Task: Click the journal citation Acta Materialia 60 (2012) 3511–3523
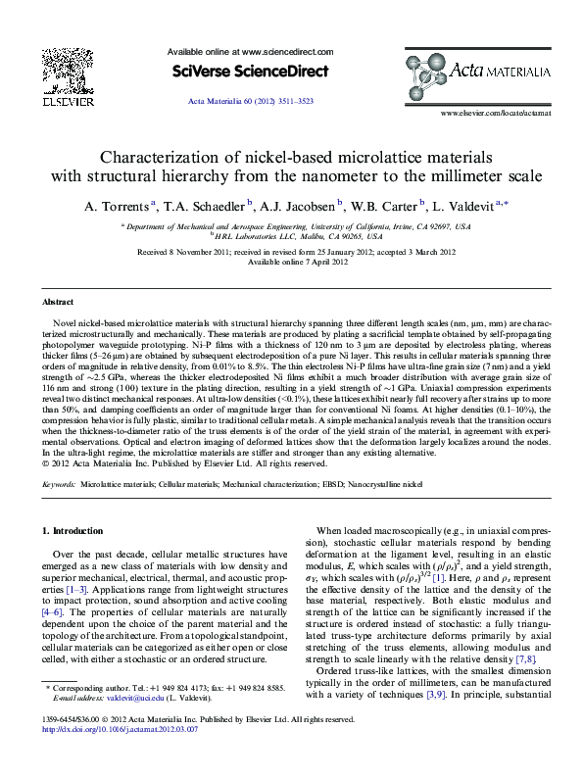click(x=250, y=103)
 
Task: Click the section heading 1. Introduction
click(x=75, y=531)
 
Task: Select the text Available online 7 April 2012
click(x=297, y=262)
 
